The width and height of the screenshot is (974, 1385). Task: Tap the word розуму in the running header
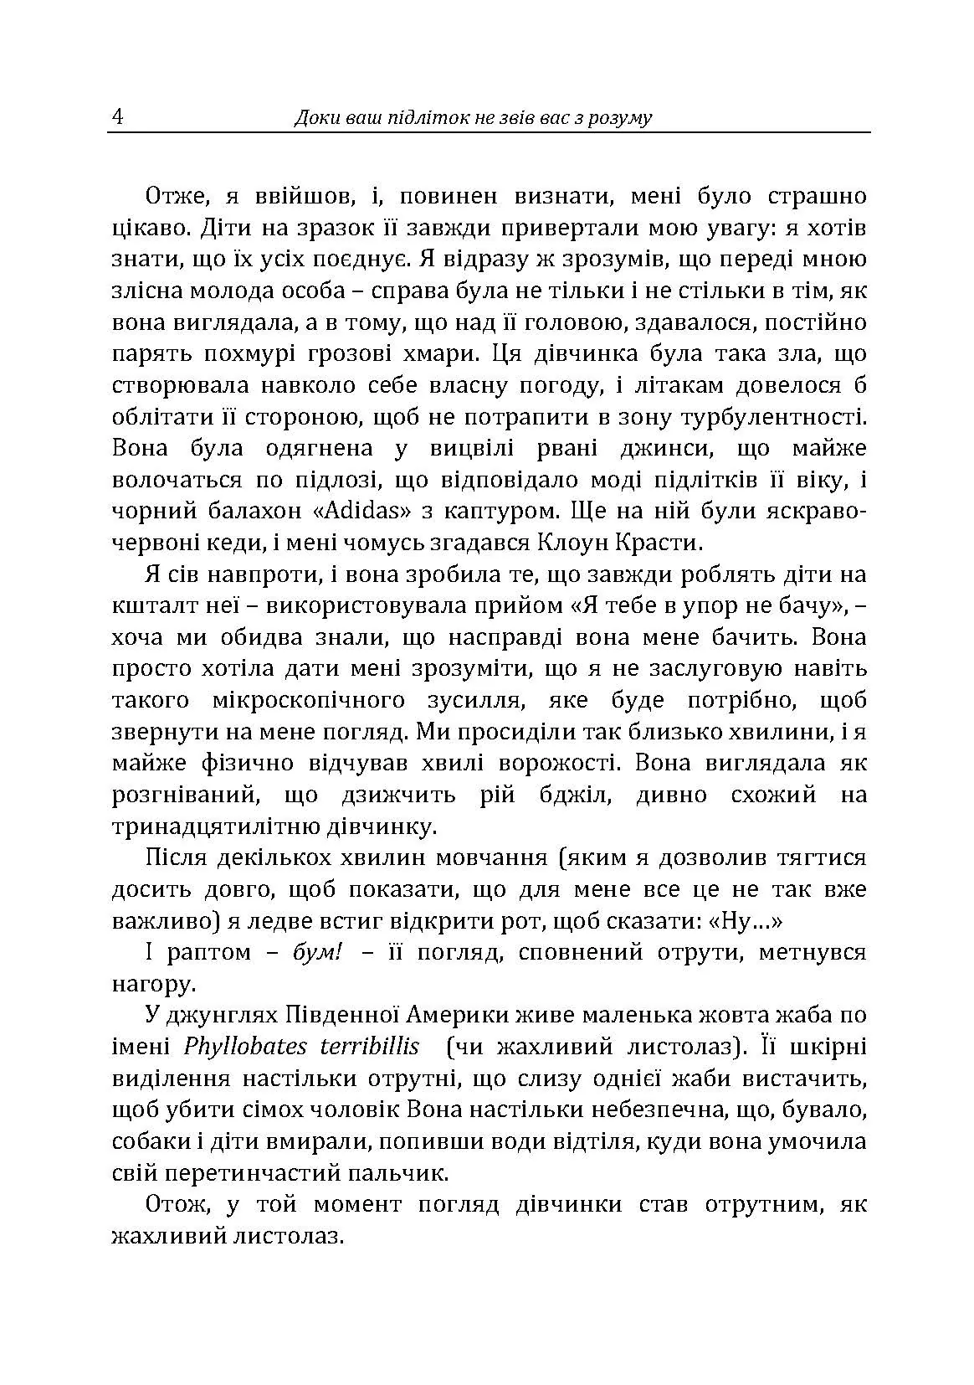621,117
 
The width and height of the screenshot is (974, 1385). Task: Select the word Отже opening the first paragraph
172,196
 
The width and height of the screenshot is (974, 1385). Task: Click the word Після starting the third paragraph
177,858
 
